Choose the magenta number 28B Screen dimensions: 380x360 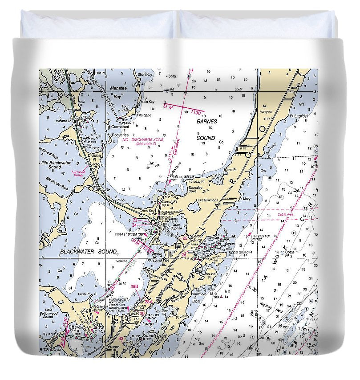(134, 286)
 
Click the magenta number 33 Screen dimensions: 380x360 (121, 339)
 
